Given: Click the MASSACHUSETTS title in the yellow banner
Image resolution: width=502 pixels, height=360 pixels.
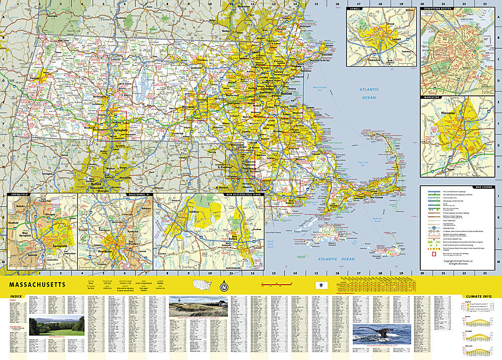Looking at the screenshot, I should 37,284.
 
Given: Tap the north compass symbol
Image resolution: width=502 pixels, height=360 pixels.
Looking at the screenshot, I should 223,288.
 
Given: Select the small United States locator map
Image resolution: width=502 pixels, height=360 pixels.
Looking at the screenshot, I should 203,285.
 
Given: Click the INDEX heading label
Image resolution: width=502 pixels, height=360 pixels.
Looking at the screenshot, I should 16,297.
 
